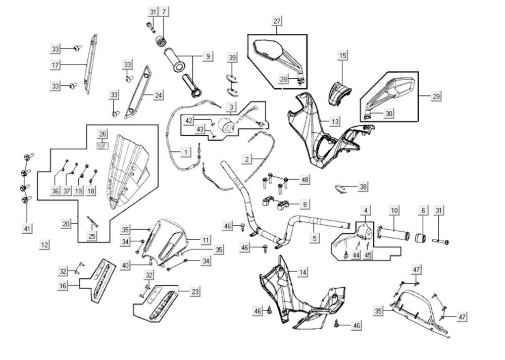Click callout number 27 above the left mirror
click(x=277, y=21)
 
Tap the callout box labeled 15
click(x=343, y=55)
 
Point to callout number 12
click(x=45, y=245)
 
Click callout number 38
click(x=363, y=187)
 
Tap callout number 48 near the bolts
click(x=305, y=179)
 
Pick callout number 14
click(x=302, y=272)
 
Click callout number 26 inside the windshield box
click(x=103, y=134)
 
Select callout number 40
click(x=125, y=266)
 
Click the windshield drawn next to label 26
click(x=129, y=172)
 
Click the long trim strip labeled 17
click(x=90, y=64)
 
